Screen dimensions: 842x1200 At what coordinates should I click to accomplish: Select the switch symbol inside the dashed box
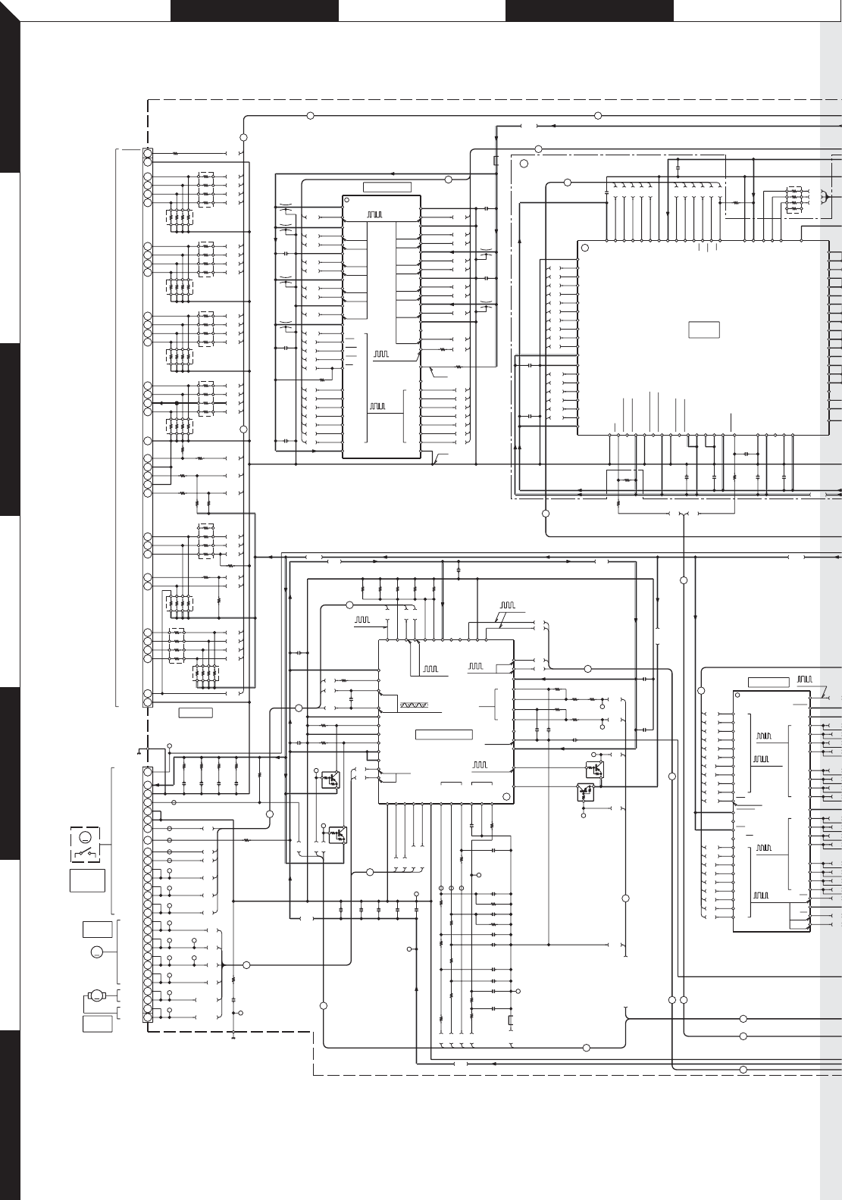86,854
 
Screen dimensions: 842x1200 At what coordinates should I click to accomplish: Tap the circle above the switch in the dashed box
86,837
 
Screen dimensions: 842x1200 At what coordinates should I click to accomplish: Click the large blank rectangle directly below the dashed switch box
86,881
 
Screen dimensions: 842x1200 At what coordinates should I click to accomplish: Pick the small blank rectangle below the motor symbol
97,1023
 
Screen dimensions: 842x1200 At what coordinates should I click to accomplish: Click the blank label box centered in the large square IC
703,330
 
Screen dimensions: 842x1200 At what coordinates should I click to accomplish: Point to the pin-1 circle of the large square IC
584,246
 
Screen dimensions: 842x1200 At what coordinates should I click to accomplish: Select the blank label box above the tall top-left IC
387,187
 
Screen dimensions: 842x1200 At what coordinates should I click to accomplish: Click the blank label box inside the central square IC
444,734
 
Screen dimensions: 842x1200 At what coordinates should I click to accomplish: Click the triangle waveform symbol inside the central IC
414,705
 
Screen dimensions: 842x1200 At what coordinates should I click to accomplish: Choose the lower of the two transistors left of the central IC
336,833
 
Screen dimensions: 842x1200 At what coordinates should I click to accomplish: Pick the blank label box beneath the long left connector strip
195,712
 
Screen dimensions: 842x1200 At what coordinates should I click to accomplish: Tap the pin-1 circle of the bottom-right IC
738,695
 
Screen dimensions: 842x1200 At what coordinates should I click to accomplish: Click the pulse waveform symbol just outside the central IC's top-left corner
364,620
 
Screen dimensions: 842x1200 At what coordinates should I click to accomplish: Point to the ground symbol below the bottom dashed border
233,1039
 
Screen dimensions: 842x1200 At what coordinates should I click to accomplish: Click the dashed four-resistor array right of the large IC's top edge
794,199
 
